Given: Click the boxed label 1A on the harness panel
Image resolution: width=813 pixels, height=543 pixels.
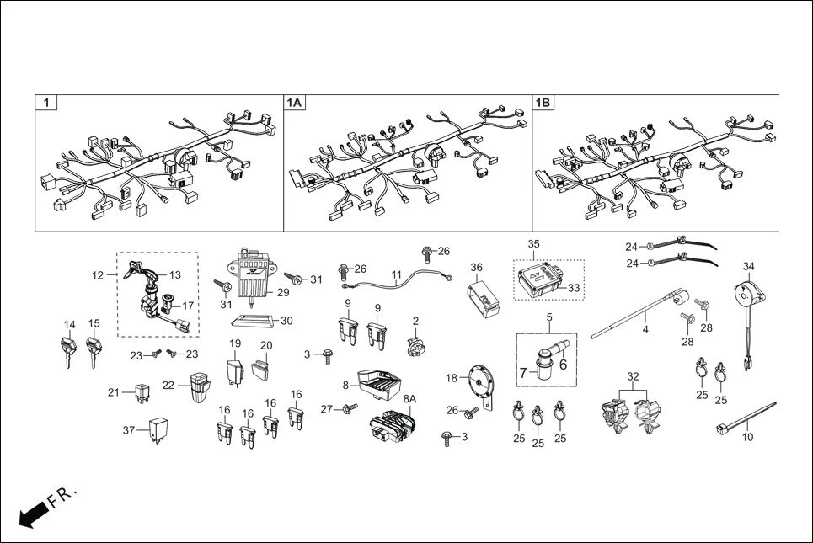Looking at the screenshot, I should (x=294, y=103).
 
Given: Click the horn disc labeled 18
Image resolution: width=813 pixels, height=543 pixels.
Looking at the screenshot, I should (x=479, y=383).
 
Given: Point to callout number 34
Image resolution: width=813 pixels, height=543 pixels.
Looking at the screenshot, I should (x=748, y=267).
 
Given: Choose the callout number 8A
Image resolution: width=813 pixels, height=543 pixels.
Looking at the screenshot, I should (x=410, y=399).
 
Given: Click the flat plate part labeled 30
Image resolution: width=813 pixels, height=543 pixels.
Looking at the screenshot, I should (x=252, y=322).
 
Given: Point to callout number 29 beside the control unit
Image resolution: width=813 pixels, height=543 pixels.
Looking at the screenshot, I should (x=283, y=292).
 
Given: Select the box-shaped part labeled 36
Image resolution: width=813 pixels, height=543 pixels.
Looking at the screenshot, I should (x=482, y=295).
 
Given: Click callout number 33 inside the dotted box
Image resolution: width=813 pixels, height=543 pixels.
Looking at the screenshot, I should (x=574, y=288).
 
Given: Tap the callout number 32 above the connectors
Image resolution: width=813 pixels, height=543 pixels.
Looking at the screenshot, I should (x=634, y=375).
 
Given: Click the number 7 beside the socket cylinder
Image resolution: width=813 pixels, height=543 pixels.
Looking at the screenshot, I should (x=522, y=372).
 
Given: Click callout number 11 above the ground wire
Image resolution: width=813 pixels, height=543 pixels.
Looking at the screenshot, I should (x=395, y=274).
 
